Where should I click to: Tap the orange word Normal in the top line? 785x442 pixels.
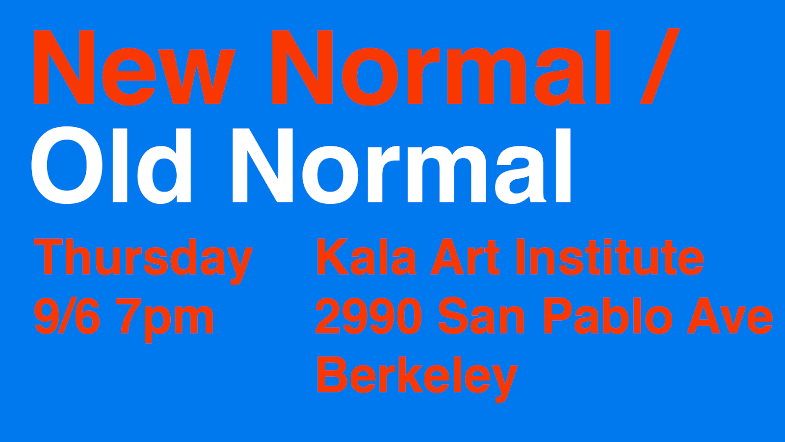point(441,67)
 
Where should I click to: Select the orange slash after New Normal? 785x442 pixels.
point(660,66)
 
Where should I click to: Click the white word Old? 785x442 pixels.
point(111,165)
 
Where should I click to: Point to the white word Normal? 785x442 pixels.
point(402,165)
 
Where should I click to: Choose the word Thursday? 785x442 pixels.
point(143,261)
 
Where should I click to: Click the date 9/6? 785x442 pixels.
point(67,316)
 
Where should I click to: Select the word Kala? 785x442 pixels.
point(366,257)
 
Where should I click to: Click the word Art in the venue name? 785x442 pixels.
point(465,257)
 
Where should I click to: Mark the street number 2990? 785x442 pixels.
point(368,316)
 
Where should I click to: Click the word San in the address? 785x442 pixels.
point(481,316)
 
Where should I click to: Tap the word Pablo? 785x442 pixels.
point(608,316)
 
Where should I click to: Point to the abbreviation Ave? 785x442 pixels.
point(730,316)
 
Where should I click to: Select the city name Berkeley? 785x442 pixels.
point(418,379)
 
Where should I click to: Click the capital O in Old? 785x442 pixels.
point(67,165)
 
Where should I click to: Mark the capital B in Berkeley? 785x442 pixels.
point(333,374)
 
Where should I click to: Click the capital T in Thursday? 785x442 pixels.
point(48,257)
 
